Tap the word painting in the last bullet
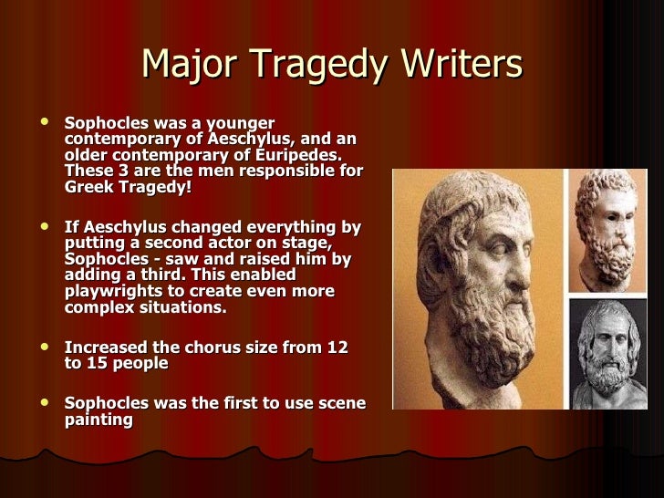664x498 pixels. [99, 420]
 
